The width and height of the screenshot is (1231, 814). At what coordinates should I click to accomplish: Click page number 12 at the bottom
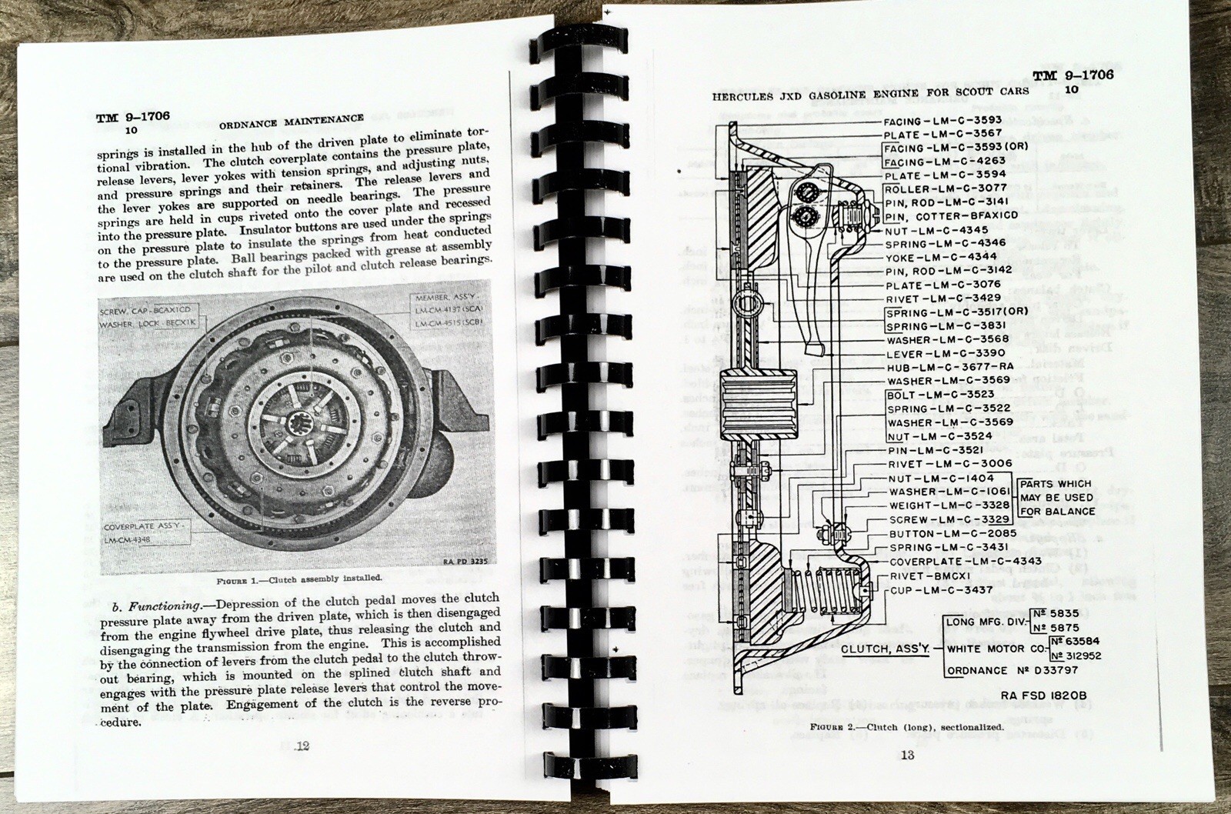tap(302, 746)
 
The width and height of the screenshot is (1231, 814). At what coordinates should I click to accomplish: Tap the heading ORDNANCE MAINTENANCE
tap(292, 118)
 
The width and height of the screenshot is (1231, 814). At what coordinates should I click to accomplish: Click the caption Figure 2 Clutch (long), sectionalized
tap(906, 726)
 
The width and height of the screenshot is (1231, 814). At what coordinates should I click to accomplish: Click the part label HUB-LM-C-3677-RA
tap(949, 367)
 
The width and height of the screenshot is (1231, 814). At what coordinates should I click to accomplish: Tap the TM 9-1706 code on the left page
tap(132, 117)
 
